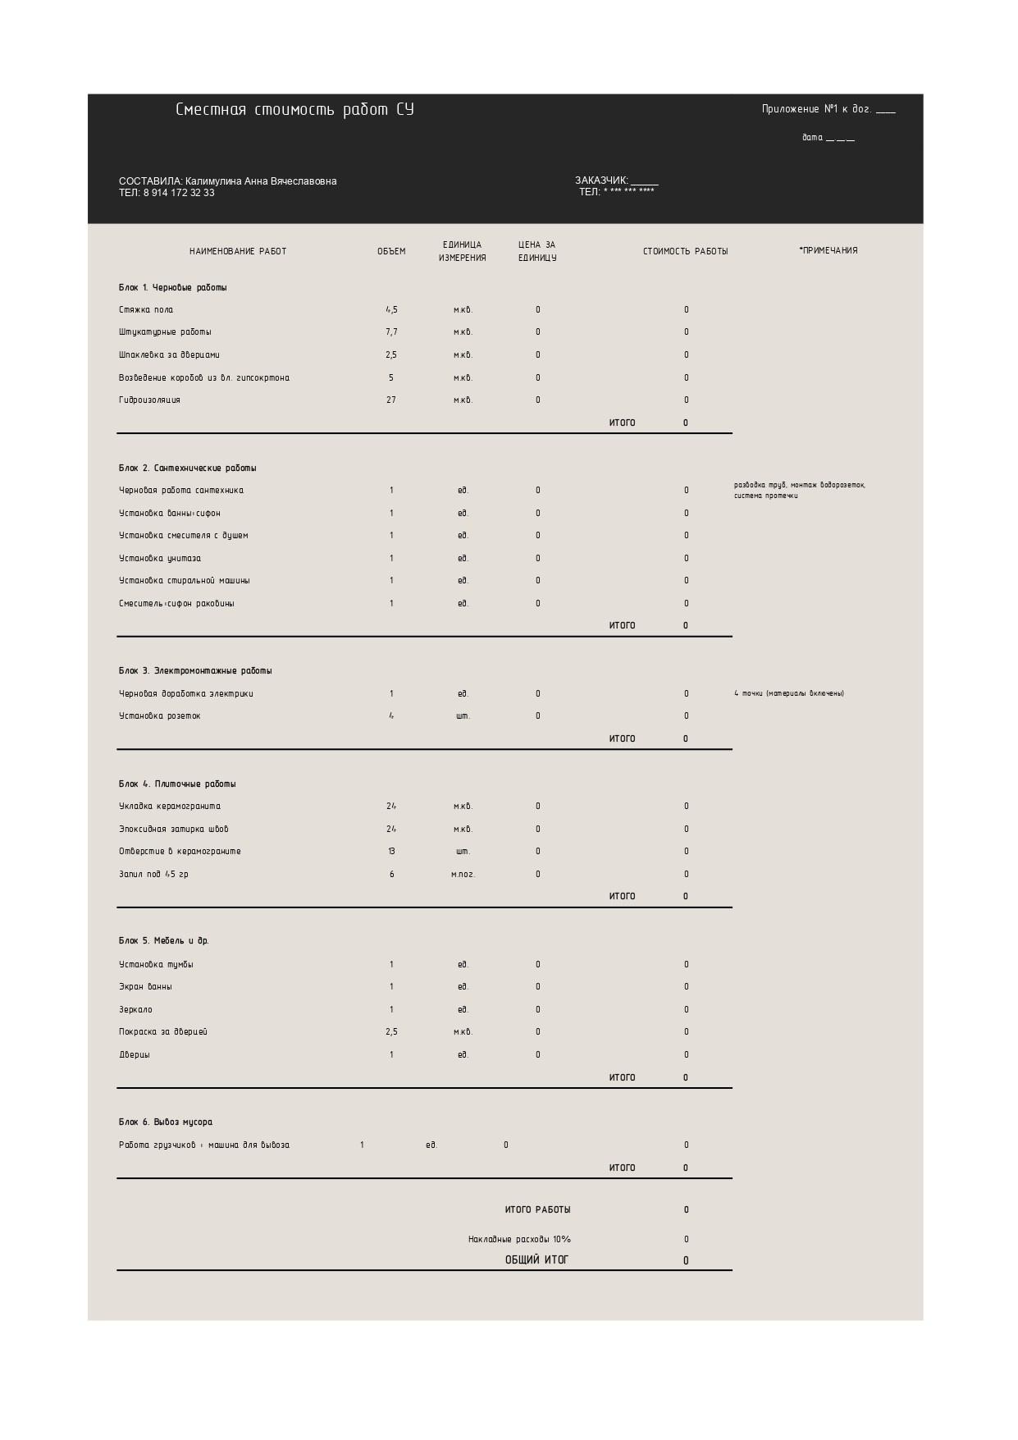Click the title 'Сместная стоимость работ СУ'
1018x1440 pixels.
pos(294,110)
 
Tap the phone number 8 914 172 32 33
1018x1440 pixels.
pos(179,193)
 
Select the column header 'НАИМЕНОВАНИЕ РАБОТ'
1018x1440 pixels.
pos(238,251)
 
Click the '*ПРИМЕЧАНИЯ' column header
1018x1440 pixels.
pos(829,250)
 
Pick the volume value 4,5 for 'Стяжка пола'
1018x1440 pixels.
pos(391,310)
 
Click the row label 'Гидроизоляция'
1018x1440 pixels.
pos(149,400)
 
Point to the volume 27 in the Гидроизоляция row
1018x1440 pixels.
pos(391,400)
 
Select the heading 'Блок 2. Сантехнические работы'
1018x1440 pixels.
pos(187,469)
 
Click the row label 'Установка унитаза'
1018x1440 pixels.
pos(160,559)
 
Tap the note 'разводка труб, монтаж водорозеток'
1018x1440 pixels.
pos(799,485)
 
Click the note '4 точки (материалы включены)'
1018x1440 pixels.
pos(789,694)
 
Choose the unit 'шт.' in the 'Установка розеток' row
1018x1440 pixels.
pos(463,716)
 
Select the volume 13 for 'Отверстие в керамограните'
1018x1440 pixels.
pos(391,852)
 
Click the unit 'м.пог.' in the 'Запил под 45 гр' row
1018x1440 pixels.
pos(463,875)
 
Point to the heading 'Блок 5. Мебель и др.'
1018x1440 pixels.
pos(164,941)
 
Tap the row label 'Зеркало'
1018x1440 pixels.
pos(135,1010)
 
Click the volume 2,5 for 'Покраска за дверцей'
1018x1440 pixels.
pos(391,1032)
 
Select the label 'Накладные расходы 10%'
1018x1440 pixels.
pos(519,1240)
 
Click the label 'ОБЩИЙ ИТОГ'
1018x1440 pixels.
pos(536,1260)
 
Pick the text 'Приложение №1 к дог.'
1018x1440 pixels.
pos(816,109)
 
